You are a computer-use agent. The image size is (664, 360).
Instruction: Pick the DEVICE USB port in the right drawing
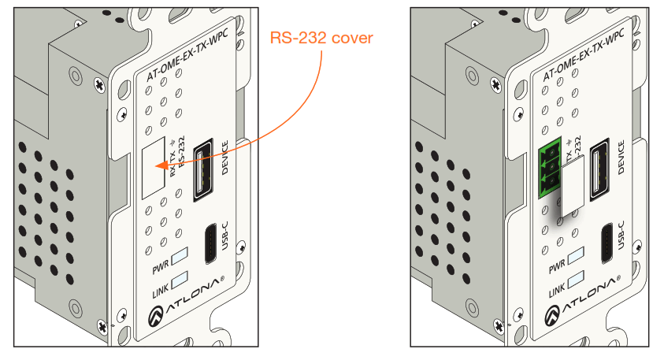[x=598, y=164]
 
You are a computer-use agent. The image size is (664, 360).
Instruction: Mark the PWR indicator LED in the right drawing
[x=576, y=255]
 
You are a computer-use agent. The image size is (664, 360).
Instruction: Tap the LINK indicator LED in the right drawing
[x=576, y=279]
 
